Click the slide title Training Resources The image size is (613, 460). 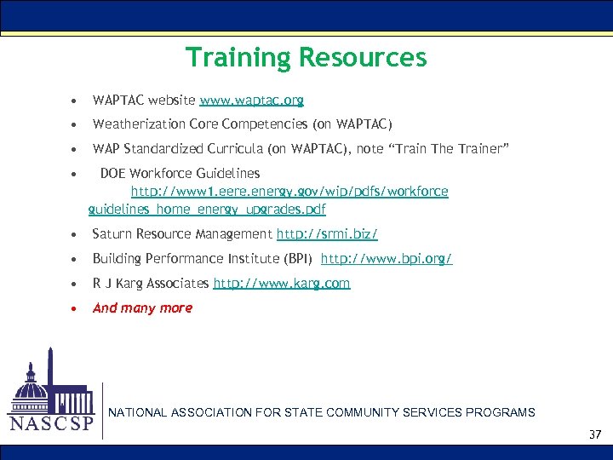(x=306, y=57)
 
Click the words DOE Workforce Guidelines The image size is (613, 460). (x=180, y=174)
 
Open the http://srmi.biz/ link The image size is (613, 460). (x=327, y=233)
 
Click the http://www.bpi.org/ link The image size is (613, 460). (x=387, y=258)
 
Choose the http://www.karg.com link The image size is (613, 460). (x=281, y=283)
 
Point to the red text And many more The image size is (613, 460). (x=142, y=308)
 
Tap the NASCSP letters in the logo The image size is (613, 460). (x=51, y=423)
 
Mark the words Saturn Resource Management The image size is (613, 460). (x=182, y=233)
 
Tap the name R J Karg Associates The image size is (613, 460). (x=151, y=283)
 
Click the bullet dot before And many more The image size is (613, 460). (x=77, y=308)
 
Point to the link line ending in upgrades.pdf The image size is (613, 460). (x=207, y=209)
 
